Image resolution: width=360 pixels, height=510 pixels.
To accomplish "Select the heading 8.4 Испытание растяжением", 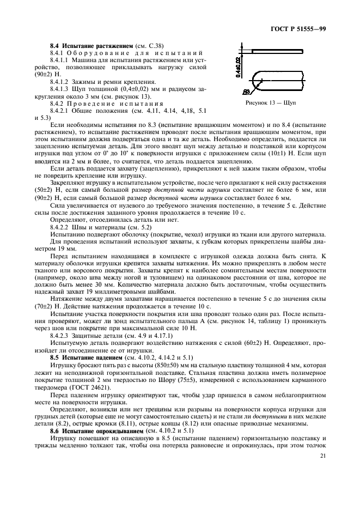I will [86, 45].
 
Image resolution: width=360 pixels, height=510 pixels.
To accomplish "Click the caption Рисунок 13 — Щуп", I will [278, 102].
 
